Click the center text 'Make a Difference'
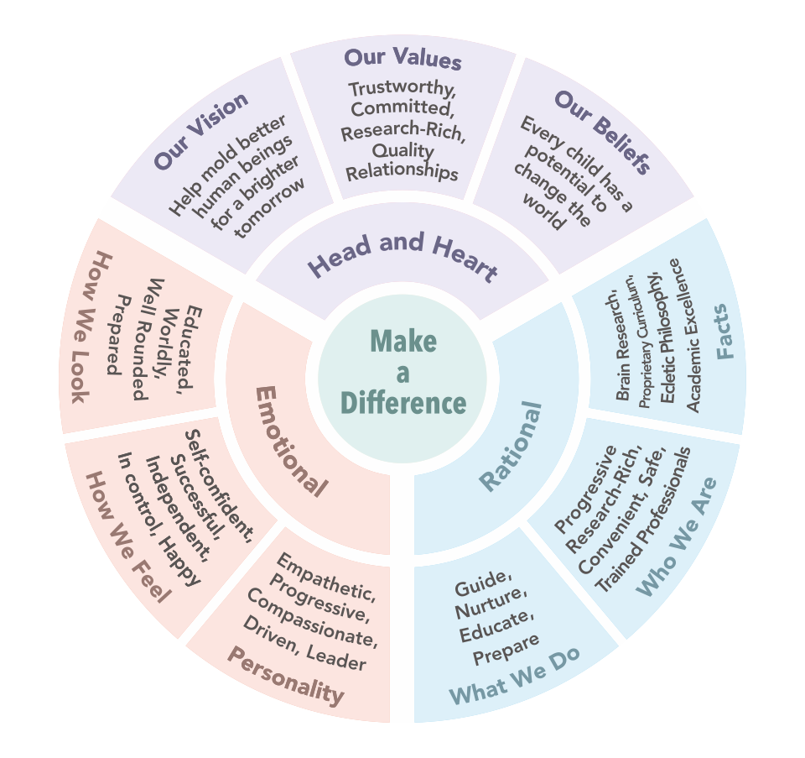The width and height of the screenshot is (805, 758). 402,373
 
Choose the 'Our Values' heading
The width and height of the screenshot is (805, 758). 402,60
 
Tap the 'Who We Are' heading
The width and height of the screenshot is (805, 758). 678,537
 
